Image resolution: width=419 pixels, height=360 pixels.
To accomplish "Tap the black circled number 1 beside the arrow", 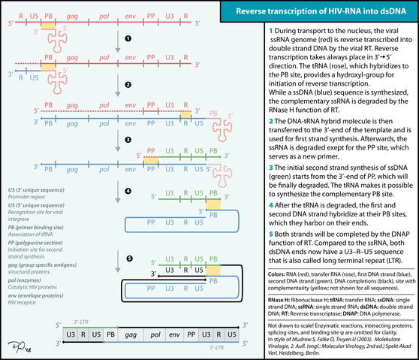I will (128, 37).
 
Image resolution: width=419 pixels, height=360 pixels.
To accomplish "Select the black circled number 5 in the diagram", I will (128, 259).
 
